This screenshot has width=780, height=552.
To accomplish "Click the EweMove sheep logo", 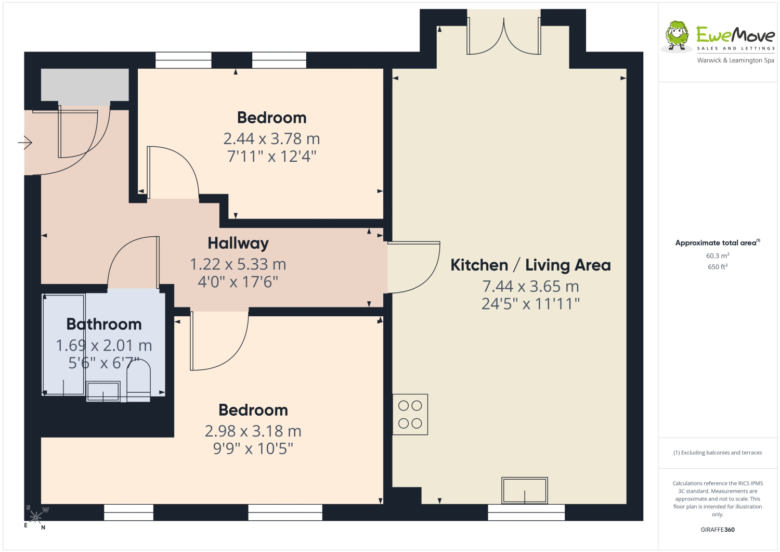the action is (677, 36).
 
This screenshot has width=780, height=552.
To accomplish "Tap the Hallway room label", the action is (238, 243).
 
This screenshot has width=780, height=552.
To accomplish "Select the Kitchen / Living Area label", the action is (531, 265).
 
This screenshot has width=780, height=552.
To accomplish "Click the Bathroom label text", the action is (104, 325).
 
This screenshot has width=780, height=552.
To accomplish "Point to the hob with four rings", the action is (410, 414).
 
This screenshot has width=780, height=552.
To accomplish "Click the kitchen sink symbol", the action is (524, 490).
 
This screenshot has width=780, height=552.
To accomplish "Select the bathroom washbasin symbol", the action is (103, 391).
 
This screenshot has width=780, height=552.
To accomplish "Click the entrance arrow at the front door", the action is (25, 143).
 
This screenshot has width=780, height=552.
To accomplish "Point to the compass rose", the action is (35, 517).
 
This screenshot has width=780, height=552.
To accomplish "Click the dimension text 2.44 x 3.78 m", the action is (271, 139).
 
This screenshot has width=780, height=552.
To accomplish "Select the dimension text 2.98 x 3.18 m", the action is (253, 431).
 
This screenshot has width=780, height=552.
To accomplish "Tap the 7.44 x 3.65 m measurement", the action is (531, 287).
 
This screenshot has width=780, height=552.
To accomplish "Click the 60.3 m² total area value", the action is (718, 255).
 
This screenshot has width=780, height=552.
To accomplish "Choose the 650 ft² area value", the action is (718, 266).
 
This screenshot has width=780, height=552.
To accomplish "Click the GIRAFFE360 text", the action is (718, 530).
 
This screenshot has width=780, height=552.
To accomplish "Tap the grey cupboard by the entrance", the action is (85, 85).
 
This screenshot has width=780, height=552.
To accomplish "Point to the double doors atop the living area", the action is (504, 36).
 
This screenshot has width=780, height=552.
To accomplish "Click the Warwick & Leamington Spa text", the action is (735, 60).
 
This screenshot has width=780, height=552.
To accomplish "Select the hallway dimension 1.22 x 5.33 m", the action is (238, 264).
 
